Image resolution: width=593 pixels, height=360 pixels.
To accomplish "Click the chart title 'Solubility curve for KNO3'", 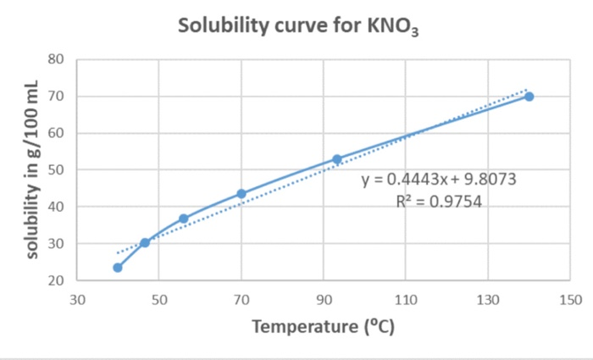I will click(298, 27).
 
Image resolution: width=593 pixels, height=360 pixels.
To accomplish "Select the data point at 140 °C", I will click(529, 97).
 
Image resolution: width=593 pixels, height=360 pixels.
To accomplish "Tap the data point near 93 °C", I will click(336, 159).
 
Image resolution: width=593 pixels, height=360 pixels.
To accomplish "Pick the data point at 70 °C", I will click(241, 194).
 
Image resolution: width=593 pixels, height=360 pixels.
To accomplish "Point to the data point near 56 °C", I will click(183, 219).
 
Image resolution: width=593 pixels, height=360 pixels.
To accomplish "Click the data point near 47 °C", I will click(145, 242).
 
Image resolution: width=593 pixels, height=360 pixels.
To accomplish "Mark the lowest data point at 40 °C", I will click(118, 268).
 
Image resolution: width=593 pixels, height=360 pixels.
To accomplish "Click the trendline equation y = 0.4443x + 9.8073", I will click(438, 180).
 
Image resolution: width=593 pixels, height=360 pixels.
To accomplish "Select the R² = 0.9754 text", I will click(438, 202).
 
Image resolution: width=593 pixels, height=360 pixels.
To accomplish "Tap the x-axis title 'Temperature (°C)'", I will click(323, 326).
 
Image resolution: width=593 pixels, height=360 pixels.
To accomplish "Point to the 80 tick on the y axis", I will click(57, 59).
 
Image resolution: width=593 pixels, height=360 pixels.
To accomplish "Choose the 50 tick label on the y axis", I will click(57, 170).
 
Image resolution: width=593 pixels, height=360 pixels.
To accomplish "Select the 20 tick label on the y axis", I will click(57, 280).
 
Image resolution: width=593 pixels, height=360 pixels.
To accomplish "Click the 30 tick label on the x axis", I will click(77, 299).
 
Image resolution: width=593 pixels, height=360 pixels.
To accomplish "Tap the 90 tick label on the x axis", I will click(323, 299).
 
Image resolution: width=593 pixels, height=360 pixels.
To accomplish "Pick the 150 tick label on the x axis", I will click(570, 299).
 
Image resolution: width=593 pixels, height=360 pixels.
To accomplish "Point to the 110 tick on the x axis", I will click(405, 299).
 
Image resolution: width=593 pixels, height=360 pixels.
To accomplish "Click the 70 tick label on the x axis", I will click(241, 299).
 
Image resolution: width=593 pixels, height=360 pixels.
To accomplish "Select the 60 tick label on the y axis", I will click(57, 133).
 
